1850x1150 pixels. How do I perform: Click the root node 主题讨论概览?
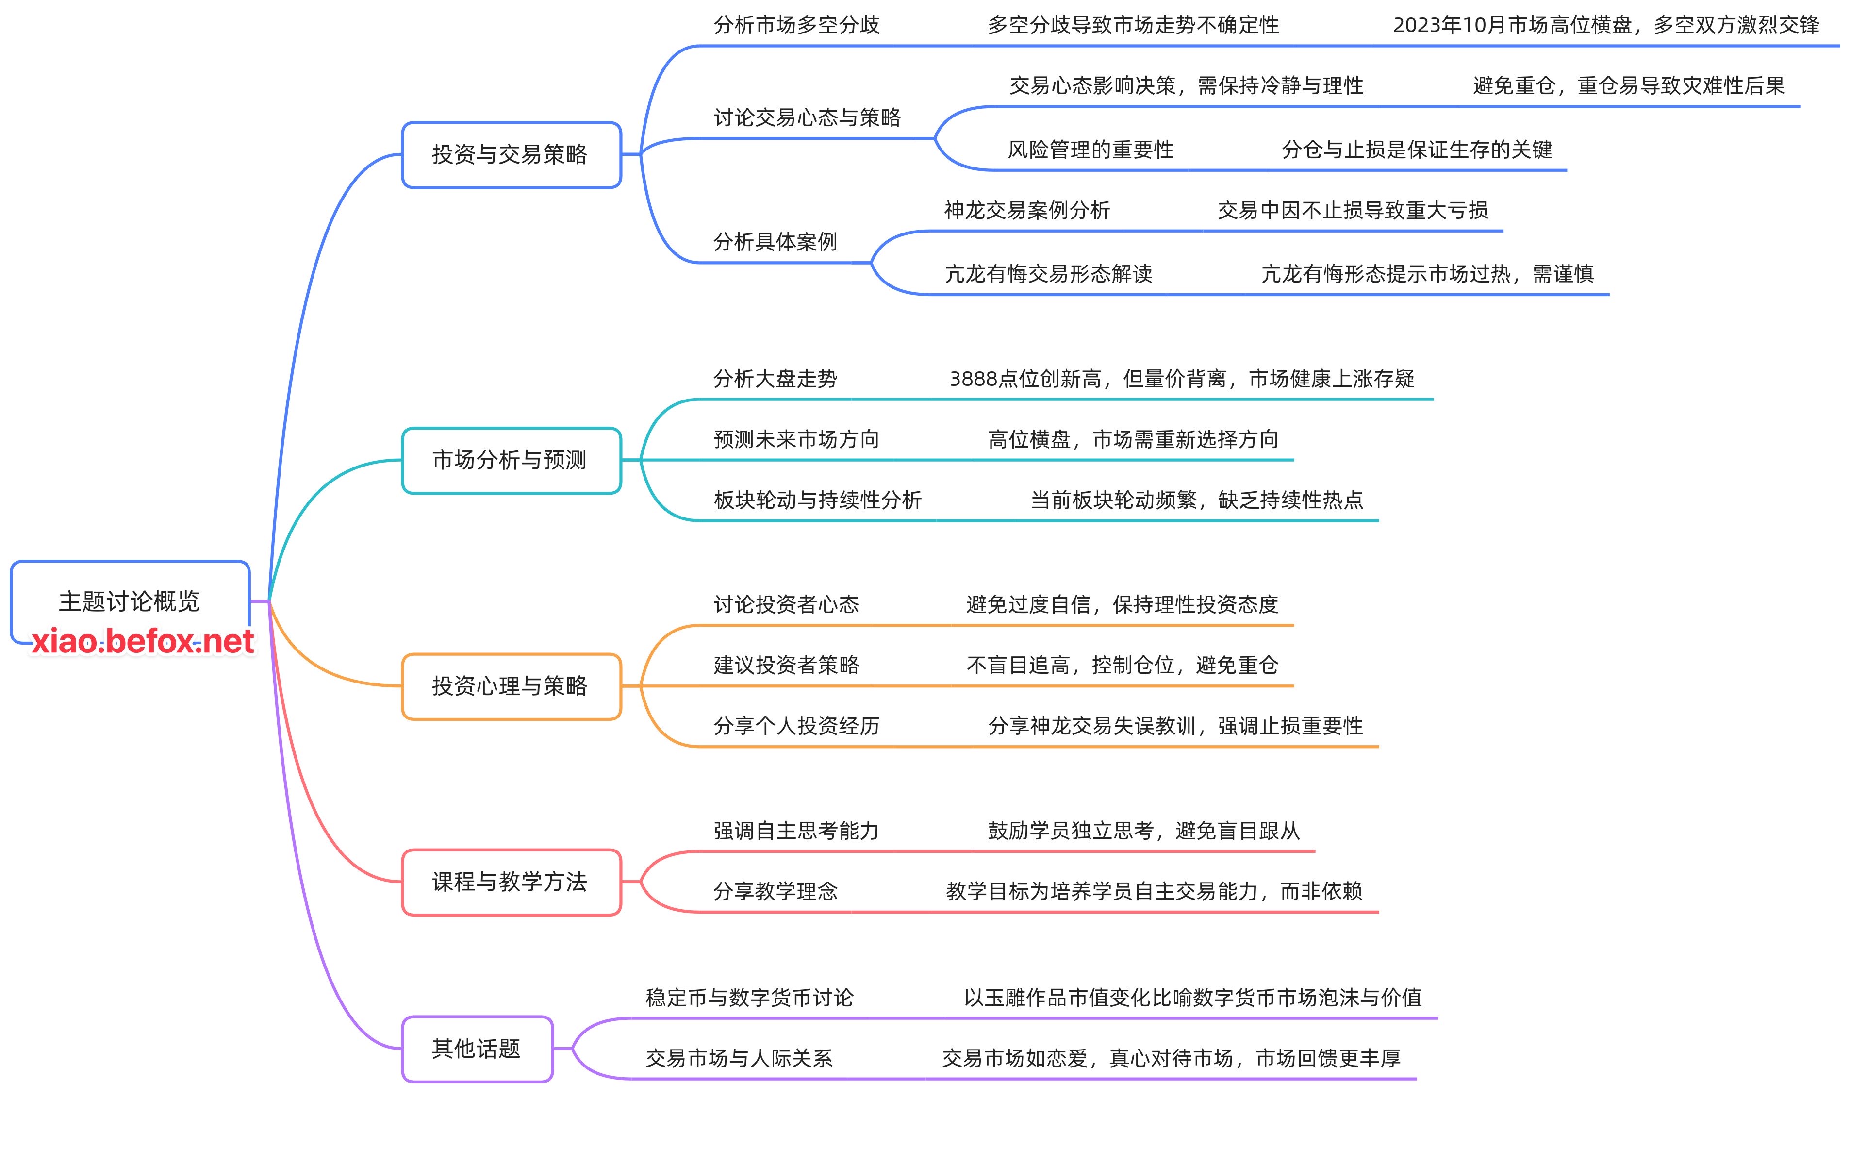tap(129, 601)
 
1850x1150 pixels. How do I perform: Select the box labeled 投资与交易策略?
tap(510, 154)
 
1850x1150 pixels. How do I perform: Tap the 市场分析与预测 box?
tap(510, 460)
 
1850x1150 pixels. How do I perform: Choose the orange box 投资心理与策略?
tap(510, 686)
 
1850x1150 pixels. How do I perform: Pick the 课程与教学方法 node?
tap(510, 882)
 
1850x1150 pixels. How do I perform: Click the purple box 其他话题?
tap(477, 1049)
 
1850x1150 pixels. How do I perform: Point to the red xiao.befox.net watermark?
tap(142, 641)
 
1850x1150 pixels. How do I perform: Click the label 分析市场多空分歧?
tap(796, 25)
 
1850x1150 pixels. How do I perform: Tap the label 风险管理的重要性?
tap(1090, 150)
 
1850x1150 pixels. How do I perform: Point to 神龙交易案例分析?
tap(1026, 211)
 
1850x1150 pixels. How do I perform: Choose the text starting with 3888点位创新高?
tap(1182, 379)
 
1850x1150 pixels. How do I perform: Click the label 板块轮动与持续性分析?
tap(817, 500)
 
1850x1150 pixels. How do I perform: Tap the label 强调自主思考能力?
tap(796, 831)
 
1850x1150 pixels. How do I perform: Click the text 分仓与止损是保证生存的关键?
tap(1417, 150)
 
